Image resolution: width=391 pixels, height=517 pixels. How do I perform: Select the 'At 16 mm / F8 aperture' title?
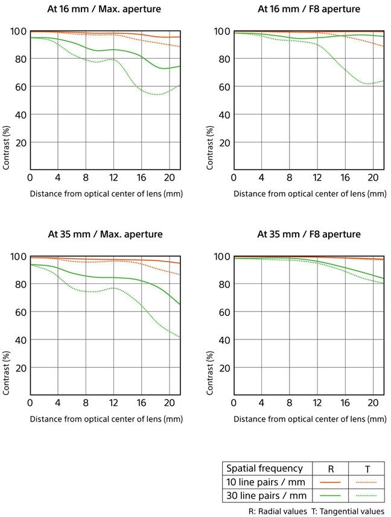click(309, 9)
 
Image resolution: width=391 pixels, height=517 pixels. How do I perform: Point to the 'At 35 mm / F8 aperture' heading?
click(309, 234)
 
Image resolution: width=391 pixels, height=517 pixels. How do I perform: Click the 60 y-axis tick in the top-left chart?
click(19, 87)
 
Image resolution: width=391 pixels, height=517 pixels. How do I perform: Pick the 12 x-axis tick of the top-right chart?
click(317, 178)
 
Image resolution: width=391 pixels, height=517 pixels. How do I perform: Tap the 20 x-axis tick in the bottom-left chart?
click(169, 402)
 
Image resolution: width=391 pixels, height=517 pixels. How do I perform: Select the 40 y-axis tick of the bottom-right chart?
click(223, 340)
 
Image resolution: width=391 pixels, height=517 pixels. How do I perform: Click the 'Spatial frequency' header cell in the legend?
click(264, 468)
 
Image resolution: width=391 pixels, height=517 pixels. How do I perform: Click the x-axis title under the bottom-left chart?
click(106, 419)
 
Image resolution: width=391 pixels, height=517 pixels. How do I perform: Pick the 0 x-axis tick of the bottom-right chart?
click(234, 402)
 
